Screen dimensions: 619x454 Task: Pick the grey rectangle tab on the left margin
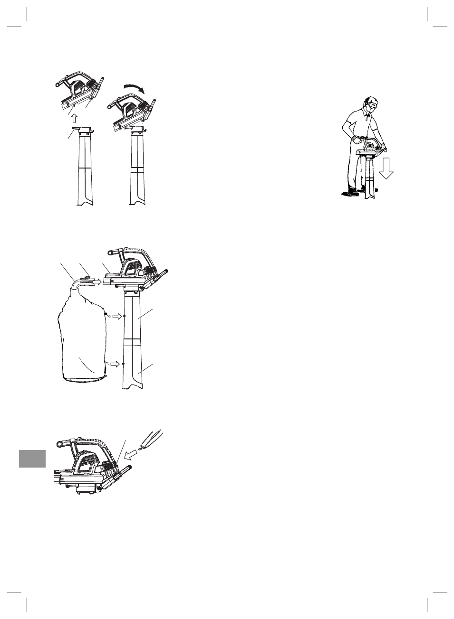pos(32,459)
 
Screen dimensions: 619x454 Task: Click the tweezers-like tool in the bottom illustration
pos(154,439)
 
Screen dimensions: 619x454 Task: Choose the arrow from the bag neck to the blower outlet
pos(96,282)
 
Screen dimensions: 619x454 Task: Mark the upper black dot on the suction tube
pos(124,316)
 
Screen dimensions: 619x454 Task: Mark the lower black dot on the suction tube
pos(124,364)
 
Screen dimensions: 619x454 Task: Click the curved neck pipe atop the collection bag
pos(75,284)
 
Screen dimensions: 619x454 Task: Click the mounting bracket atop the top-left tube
pos(82,130)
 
